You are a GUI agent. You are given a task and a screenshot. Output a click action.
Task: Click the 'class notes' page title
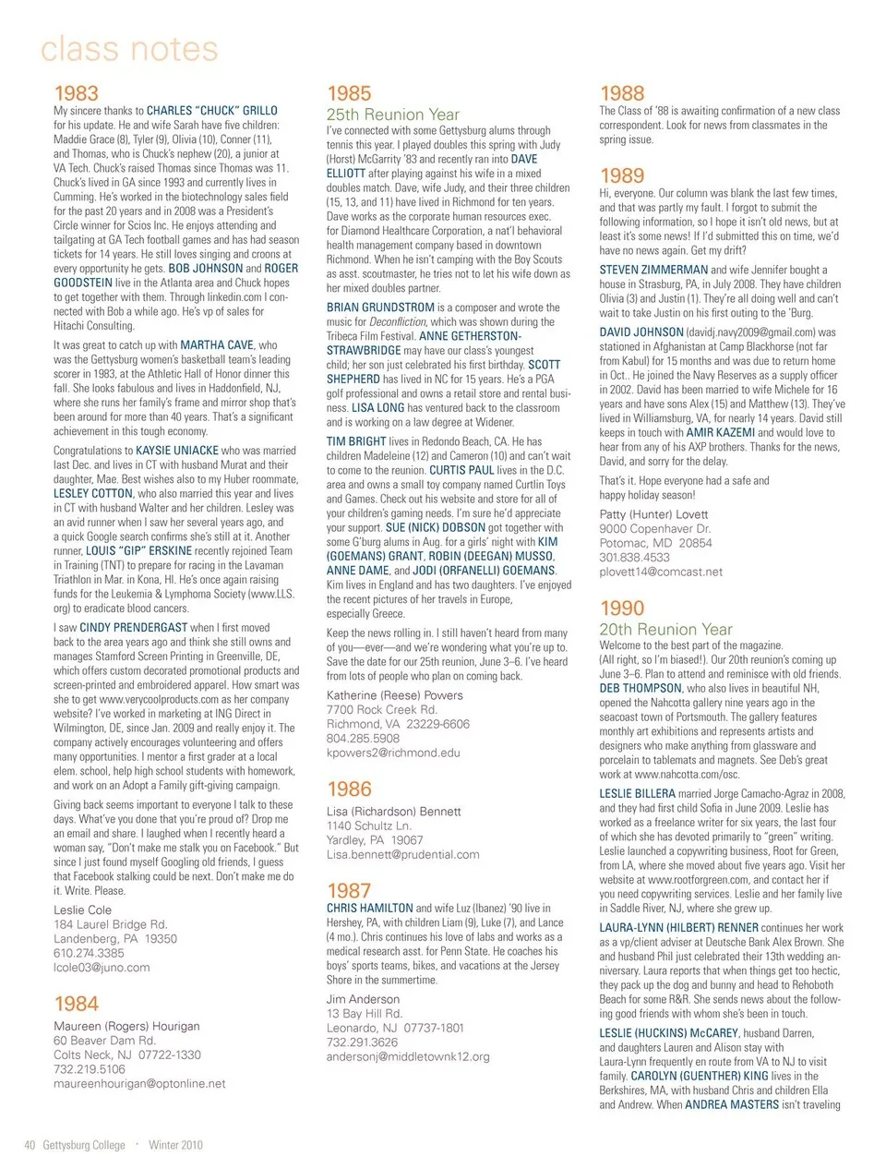click(x=129, y=49)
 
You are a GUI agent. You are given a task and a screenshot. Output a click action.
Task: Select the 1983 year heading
click(x=76, y=93)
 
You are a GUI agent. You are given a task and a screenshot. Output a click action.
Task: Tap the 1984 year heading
click(x=76, y=1004)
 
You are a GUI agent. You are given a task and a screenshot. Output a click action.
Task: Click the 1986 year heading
click(x=349, y=789)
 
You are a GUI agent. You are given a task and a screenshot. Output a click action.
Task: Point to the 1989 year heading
click(x=622, y=175)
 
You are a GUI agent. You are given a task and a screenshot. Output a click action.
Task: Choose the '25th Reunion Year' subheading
click(x=392, y=114)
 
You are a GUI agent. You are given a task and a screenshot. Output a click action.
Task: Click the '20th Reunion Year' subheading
click(x=665, y=630)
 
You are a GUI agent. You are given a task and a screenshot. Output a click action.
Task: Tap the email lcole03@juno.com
click(x=102, y=967)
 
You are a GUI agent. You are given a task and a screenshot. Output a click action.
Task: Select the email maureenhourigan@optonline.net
click(x=139, y=1083)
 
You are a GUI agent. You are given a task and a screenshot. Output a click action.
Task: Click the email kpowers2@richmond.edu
click(x=393, y=753)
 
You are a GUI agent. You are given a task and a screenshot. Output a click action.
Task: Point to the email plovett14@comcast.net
click(x=660, y=572)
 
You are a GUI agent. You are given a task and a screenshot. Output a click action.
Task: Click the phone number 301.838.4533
click(x=634, y=558)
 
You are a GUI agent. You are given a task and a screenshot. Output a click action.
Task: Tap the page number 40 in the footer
click(x=30, y=1145)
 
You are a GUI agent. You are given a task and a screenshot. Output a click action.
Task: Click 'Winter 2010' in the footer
click(x=175, y=1145)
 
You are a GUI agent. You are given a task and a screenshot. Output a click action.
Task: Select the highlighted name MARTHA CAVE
click(x=216, y=344)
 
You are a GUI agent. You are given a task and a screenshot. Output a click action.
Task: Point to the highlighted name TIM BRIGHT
click(x=355, y=441)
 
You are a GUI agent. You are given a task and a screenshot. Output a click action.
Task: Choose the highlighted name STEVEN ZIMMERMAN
click(x=653, y=270)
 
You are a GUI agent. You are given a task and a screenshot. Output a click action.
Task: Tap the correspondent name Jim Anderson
click(x=363, y=999)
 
